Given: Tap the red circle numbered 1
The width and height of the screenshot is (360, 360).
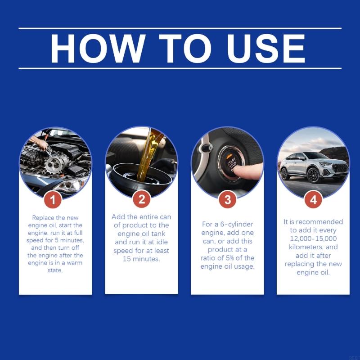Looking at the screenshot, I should [54, 199].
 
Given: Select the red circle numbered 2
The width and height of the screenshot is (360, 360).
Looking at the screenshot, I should [141, 199].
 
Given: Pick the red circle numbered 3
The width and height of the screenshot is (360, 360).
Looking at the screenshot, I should [227, 199].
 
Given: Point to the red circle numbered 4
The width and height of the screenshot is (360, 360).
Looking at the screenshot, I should [313, 199].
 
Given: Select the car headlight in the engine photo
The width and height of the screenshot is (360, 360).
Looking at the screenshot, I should [72, 184].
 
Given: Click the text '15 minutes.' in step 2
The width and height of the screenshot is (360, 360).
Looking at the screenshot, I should [141, 259].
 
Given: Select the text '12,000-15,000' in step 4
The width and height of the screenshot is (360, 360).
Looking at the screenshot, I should [313, 238].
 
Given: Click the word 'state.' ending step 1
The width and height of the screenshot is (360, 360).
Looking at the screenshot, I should [55, 271].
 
